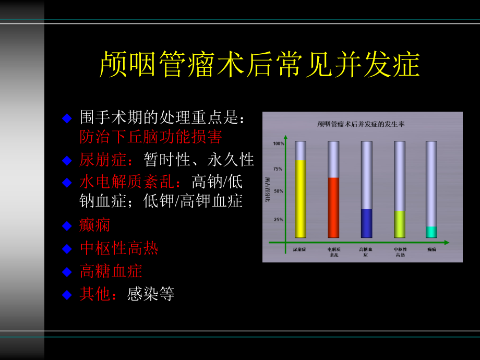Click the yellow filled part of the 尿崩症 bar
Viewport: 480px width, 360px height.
coord(300,199)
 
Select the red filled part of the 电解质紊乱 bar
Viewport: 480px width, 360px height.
coord(333,208)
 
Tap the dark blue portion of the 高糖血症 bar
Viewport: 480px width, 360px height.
coord(366,223)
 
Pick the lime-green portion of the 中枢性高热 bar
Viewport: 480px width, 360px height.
coord(399,224)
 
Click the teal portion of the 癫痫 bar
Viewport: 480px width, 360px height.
coord(431,232)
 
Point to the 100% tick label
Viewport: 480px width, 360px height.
coord(278,143)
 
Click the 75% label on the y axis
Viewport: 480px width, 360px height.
coord(278,169)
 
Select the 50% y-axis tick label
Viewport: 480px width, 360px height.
coord(278,191)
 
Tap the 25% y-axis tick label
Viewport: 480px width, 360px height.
coord(278,220)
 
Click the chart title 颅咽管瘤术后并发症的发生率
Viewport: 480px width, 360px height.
coord(362,124)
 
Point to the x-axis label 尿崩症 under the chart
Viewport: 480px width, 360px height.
coord(299,250)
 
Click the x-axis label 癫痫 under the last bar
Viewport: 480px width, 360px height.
coord(431,250)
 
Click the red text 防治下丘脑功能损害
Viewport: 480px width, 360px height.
coord(151,137)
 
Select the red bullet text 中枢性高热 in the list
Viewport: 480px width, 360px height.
coord(119,248)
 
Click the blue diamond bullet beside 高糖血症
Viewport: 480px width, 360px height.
coord(66,271)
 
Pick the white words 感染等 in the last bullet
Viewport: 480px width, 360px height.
coord(151,294)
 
